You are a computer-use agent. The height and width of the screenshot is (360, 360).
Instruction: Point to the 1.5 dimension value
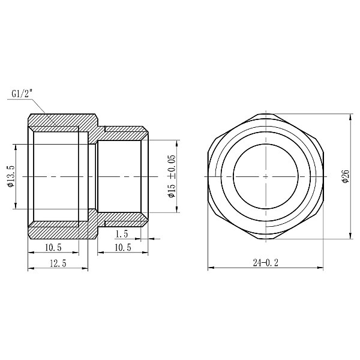pyautogui.click(x=122, y=233)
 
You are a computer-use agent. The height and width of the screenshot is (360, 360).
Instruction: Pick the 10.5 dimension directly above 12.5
pyautogui.click(x=53, y=247)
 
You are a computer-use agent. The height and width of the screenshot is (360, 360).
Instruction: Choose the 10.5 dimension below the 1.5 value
pyautogui.click(x=122, y=247)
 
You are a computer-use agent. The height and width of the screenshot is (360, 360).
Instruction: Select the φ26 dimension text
pyautogui.click(x=345, y=176)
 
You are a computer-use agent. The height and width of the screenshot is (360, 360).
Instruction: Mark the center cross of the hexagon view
pyautogui.click(x=265, y=176)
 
